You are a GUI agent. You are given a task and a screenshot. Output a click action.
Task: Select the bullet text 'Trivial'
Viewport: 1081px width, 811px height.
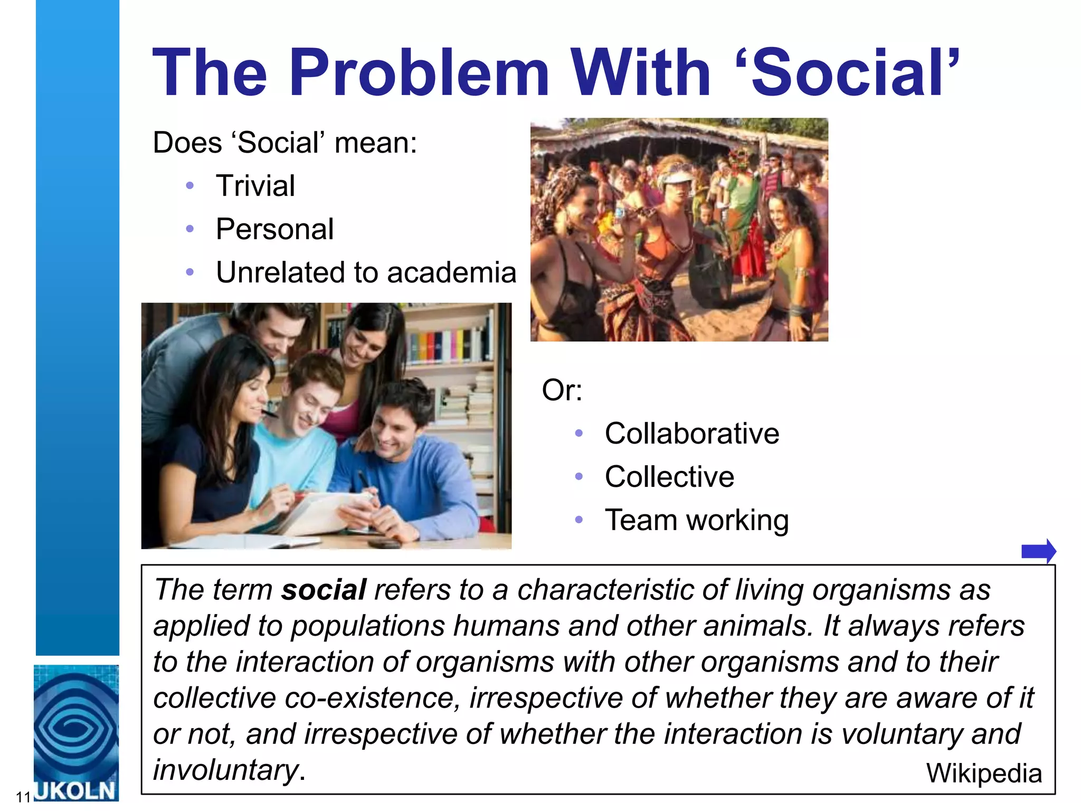click(255, 186)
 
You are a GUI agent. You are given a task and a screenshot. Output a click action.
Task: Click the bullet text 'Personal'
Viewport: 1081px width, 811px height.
click(274, 229)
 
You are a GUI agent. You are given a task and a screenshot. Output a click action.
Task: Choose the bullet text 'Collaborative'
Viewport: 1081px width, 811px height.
click(691, 433)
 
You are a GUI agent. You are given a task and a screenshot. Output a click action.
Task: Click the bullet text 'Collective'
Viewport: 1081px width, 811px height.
click(669, 477)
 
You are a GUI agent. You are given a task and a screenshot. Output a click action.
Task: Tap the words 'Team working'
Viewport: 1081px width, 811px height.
click(697, 520)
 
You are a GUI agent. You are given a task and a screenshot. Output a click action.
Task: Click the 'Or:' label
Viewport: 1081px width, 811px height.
click(562, 390)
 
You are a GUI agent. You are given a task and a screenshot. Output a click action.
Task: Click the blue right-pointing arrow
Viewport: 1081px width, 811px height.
click(1038, 551)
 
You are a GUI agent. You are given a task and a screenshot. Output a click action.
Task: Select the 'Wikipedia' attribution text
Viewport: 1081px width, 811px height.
click(984, 774)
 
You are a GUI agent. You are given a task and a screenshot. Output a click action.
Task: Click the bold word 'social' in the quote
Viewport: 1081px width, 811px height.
click(324, 589)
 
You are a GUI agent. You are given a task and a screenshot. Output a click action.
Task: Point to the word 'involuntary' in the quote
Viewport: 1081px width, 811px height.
click(226, 770)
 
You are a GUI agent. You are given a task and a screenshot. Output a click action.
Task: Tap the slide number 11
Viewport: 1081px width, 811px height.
click(23, 797)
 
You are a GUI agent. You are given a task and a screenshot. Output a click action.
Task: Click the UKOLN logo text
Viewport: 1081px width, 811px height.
click(75, 791)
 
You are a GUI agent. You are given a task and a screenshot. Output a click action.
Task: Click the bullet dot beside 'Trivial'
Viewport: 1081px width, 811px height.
click(190, 186)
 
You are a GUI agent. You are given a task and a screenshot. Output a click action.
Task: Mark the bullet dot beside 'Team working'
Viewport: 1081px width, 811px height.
click(579, 520)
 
